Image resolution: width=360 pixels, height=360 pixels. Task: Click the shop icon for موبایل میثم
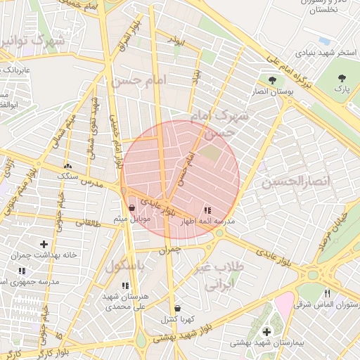point(132,207)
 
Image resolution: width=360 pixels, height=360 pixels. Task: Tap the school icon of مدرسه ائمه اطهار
point(207,210)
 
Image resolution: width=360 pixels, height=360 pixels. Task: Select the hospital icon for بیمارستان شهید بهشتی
point(266,331)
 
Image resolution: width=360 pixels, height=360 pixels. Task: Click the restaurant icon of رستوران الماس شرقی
point(327,294)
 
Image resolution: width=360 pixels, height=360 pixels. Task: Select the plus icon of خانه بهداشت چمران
point(44,243)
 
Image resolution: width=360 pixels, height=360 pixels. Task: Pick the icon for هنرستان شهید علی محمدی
point(125,285)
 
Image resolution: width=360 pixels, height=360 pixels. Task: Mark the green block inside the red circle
point(210,153)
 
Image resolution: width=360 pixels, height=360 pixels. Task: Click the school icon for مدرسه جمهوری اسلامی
point(22,271)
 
